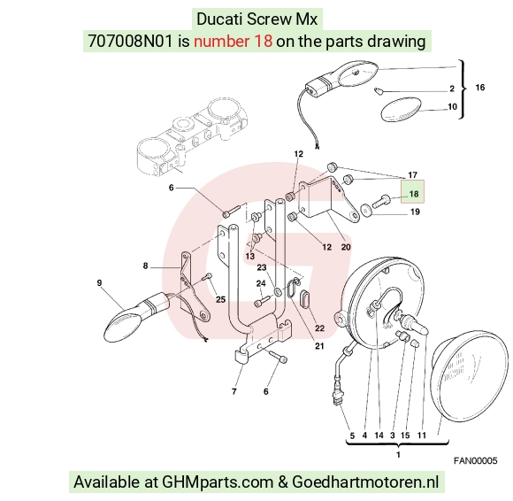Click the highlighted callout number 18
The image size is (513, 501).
(x=414, y=194)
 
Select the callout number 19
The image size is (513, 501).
(x=415, y=212)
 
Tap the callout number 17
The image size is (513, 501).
(x=412, y=175)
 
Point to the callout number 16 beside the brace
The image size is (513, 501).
(x=479, y=88)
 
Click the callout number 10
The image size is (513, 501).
(x=452, y=107)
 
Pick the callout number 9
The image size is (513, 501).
(x=99, y=282)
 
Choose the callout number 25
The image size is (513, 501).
(x=220, y=299)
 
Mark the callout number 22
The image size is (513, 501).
(x=319, y=328)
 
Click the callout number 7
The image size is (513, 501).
(x=234, y=391)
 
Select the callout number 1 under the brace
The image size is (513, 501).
(x=398, y=455)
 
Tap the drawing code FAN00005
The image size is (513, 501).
(x=475, y=460)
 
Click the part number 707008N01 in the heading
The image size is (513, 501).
(x=130, y=42)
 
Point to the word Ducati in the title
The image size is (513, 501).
(x=219, y=19)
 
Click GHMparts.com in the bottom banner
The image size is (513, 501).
(x=218, y=482)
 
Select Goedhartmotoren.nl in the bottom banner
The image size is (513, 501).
(x=365, y=482)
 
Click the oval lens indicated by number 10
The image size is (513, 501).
(x=402, y=109)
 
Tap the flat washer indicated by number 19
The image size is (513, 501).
(x=364, y=210)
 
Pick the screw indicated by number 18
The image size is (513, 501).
(x=380, y=200)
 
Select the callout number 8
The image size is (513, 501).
(x=145, y=266)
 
